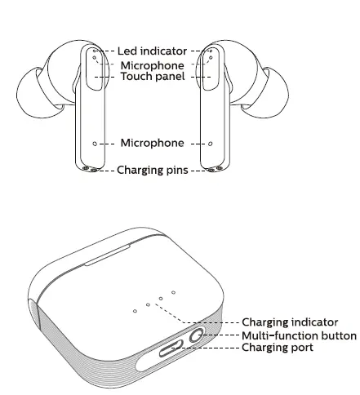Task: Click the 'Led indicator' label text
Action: [152, 51]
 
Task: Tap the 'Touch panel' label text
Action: [152, 76]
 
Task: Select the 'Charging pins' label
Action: [152, 171]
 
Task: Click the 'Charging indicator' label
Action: [291, 323]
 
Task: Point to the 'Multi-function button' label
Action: [299, 335]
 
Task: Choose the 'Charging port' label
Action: [278, 348]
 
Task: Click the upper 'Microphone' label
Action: [152, 64]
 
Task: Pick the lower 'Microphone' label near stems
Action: [152, 144]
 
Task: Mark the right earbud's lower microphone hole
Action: [210, 144]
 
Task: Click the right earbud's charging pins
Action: [215, 170]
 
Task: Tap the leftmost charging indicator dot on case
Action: [134, 310]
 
